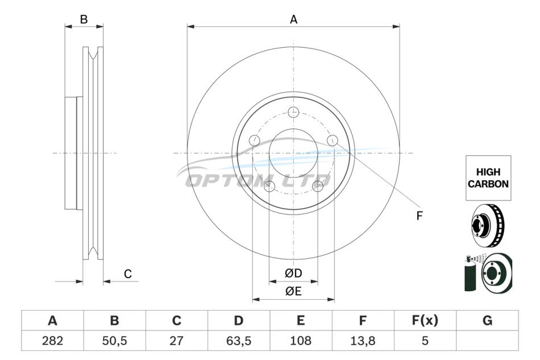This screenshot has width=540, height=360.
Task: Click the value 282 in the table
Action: pyautogui.click(x=52, y=341)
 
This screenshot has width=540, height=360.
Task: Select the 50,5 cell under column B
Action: pyautogui.click(x=114, y=341)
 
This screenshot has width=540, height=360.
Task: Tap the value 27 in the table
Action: pyautogui.click(x=176, y=341)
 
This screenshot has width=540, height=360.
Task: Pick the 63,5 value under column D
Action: pyautogui.click(x=239, y=341)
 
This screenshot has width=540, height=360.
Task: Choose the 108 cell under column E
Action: pyautogui.click(x=301, y=341)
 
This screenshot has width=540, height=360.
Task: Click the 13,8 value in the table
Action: pyautogui.click(x=363, y=341)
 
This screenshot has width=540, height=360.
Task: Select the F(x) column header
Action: pyautogui.click(x=425, y=321)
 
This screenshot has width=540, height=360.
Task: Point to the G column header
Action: pyautogui.click(x=487, y=321)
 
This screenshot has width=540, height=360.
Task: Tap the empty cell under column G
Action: pyautogui.click(x=487, y=341)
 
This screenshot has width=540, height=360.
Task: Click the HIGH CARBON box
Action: pyautogui.click(x=488, y=178)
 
